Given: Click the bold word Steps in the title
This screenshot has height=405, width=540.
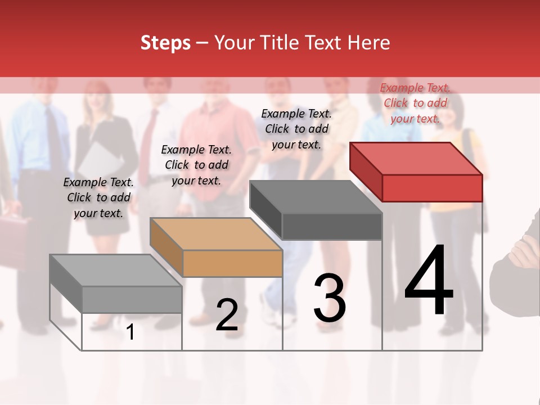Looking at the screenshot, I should [x=165, y=43].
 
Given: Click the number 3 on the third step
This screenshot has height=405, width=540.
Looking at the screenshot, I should [x=330, y=299].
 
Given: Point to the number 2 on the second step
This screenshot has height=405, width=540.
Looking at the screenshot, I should [x=227, y=315].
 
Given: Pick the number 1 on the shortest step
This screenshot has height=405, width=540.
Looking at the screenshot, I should [x=130, y=332].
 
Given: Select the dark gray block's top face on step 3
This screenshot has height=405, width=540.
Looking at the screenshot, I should [x=316, y=197].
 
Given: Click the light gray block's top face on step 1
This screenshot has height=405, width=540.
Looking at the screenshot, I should [x=116, y=271].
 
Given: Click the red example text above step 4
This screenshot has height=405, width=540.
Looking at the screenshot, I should [x=415, y=103].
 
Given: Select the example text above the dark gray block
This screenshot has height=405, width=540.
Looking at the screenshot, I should [x=296, y=129].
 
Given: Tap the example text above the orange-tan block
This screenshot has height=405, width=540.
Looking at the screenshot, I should [x=196, y=165].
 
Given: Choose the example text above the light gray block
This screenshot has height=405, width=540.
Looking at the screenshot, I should [x=98, y=197].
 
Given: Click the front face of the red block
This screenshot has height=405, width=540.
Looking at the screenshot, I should [x=432, y=188].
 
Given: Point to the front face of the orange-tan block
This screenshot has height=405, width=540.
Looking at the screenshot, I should [x=232, y=263].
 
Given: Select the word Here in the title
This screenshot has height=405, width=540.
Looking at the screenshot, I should [x=368, y=43].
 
